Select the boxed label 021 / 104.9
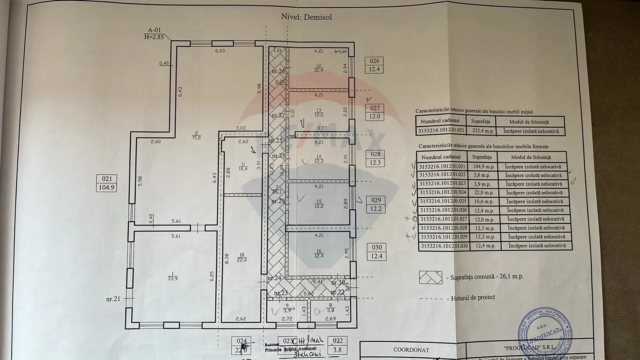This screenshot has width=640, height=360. coord(106,183)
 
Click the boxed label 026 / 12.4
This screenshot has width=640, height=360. coord(374,65)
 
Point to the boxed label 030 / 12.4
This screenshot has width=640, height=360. coord(376,252)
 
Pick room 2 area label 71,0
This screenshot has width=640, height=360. coord(196,135)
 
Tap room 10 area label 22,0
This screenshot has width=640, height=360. coord(242,257)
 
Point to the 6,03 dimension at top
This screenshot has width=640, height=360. coord(220,51)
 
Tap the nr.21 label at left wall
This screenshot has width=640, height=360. coord(114,298)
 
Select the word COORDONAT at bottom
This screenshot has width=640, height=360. coord(411,350)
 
